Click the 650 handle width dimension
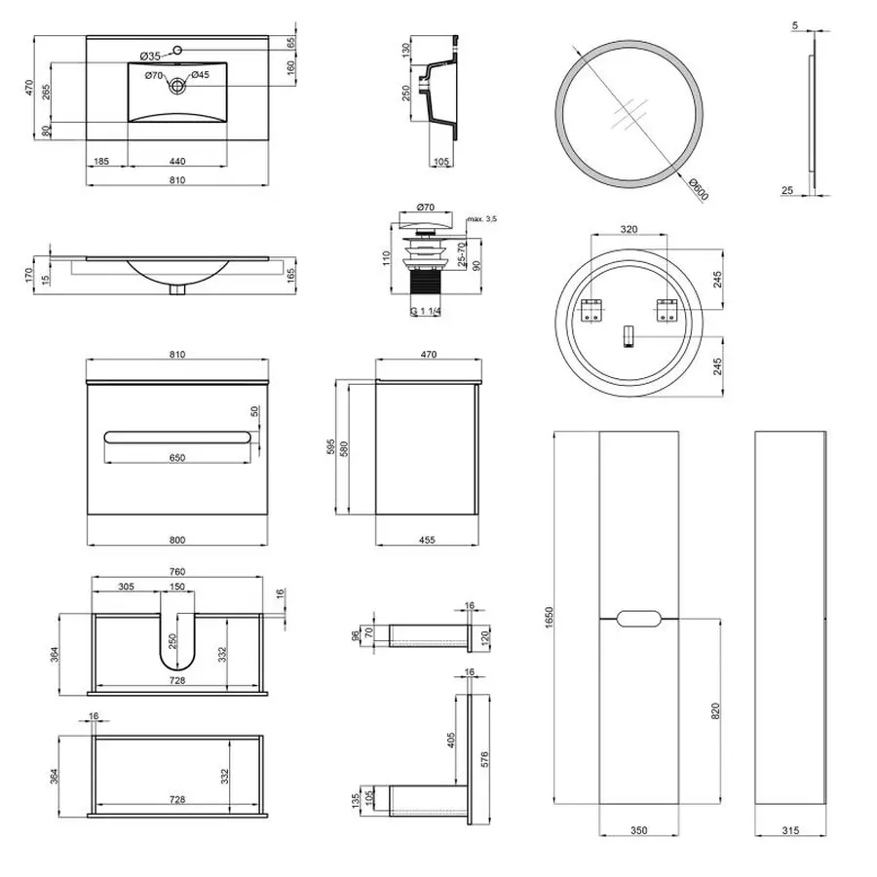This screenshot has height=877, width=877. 176,458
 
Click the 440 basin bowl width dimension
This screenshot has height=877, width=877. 177,161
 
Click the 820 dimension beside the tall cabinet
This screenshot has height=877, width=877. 717,712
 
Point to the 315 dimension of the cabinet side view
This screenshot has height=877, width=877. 790,830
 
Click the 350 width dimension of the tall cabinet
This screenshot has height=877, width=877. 638,830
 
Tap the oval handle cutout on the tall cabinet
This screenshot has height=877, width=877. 639,618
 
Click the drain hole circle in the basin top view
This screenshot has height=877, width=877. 177,86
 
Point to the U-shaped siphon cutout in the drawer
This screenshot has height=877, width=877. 176,643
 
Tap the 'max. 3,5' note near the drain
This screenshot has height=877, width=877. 481,220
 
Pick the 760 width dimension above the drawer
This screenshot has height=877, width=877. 176,571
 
